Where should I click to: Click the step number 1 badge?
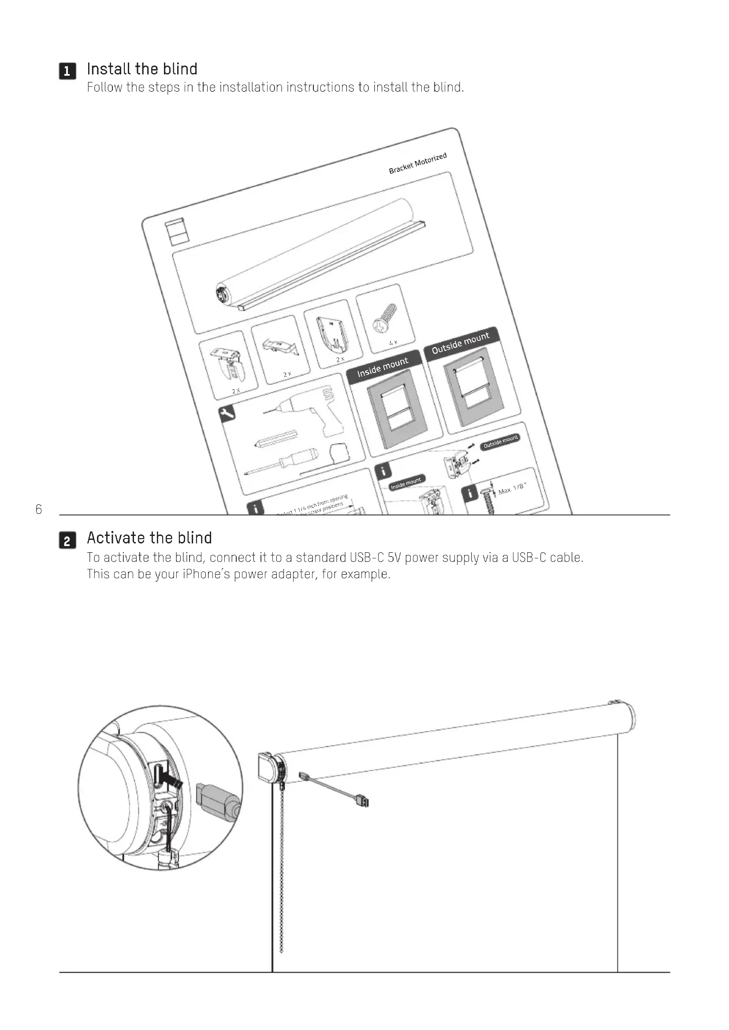pyautogui.click(x=67, y=71)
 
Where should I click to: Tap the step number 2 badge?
pyautogui.click(x=67, y=540)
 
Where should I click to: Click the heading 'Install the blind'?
pyautogui.click(x=142, y=69)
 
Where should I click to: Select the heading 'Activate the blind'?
pyautogui.click(x=149, y=537)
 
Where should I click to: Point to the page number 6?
pyautogui.click(x=39, y=509)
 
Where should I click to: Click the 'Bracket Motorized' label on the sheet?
pyautogui.click(x=417, y=163)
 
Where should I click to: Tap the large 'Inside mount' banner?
pyautogui.click(x=383, y=367)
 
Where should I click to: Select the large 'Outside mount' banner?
pyautogui.click(x=460, y=343)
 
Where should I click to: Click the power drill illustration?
pyautogui.click(x=310, y=408)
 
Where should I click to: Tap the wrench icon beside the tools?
pyautogui.click(x=227, y=413)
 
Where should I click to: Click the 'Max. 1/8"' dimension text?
pyautogui.click(x=512, y=488)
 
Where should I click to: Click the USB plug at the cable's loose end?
pyautogui.click(x=362, y=800)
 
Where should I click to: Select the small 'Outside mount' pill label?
pyautogui.click(x=501, y=441)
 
